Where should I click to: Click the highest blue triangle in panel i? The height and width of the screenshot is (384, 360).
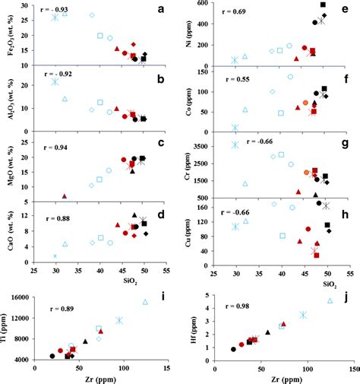[x=145, y=302]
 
